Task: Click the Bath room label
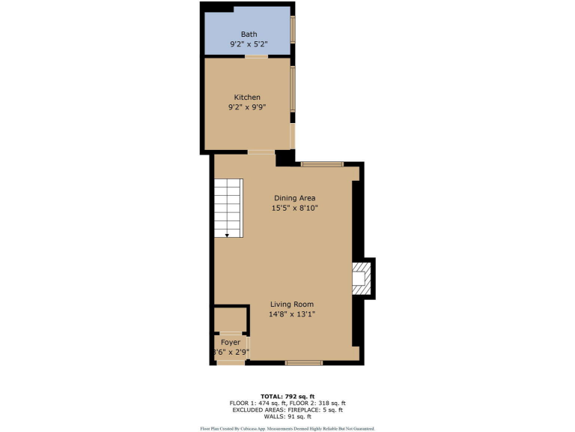(x=248, y=34)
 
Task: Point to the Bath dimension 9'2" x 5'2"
(x=248, y=44)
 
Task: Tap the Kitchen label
(x=247, y=97)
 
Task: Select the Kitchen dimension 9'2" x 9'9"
(x=247, y=107)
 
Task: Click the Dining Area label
(x=294, y=198)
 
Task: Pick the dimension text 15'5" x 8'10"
(x=294, y=208)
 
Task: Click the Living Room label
(x=292, y=304)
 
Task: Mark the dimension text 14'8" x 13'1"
(x=292, y=314)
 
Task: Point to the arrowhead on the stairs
(x=227, y=235)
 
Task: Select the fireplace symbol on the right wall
(x=362, y=278)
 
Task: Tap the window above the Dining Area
(x=322, y=163)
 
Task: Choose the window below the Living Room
(x=304, y=363)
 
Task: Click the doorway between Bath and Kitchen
(x=256, y=56)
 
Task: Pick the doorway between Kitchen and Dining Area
(x=261, y=152)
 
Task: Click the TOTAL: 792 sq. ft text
(x=287, y=395)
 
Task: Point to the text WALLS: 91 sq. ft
(x=287, y=417)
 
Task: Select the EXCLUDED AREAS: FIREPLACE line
(x=287, y=409)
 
